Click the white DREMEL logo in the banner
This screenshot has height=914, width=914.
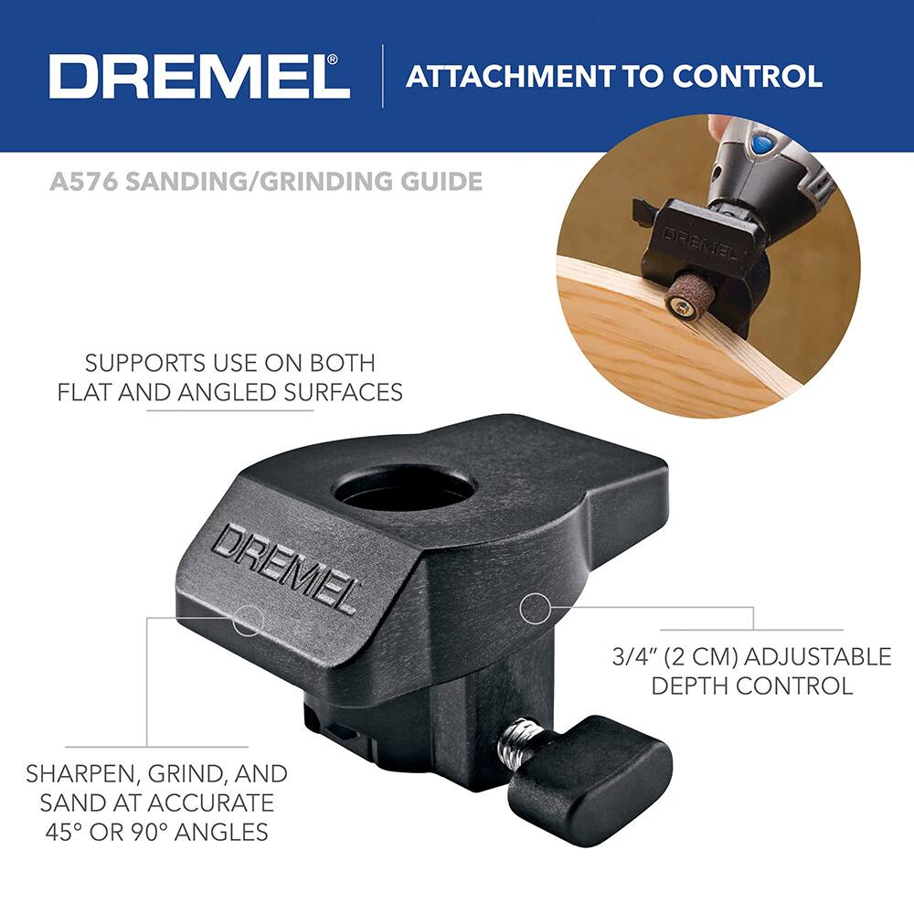click(199, 77)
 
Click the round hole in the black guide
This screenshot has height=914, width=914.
click(403, 491)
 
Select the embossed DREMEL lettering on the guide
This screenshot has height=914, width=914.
click(283, 568)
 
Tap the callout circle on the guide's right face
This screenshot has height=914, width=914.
click(534, 606)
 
